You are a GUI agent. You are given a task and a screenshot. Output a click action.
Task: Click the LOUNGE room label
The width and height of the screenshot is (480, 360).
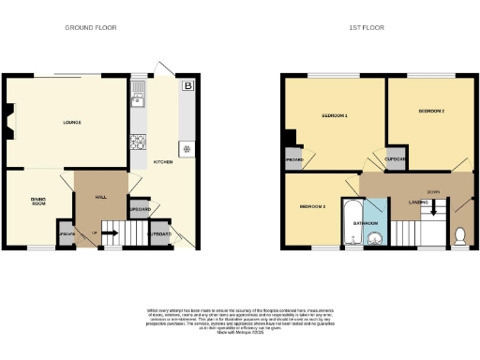[71, 123]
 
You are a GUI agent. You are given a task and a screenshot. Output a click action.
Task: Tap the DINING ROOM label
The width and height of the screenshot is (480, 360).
[38, 202]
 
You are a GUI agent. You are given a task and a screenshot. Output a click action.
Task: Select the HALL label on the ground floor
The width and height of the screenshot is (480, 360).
[101, 198]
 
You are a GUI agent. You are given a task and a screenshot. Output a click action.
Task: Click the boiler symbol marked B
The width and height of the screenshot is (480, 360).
[188, 87]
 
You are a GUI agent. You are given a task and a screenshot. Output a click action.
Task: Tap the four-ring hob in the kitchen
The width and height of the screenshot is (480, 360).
[139, 142]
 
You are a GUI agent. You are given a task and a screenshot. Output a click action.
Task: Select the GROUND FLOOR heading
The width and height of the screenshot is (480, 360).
[90, 28]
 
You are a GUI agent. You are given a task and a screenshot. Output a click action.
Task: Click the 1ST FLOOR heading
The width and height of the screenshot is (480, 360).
[361, 28]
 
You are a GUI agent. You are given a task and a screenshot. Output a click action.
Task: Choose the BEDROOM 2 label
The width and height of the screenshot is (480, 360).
[430, 112]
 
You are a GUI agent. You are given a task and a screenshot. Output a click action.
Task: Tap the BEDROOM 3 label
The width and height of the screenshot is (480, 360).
[312, 206]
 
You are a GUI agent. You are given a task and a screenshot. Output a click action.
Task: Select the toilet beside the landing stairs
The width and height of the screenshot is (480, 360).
[460, 232]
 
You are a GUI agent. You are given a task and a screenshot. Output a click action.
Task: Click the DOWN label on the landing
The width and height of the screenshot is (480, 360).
[433, 192]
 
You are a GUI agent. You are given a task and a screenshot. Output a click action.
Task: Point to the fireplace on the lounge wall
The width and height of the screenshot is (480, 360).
[8, 121]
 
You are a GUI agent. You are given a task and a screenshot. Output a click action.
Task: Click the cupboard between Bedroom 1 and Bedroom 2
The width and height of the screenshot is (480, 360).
[395, 157]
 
